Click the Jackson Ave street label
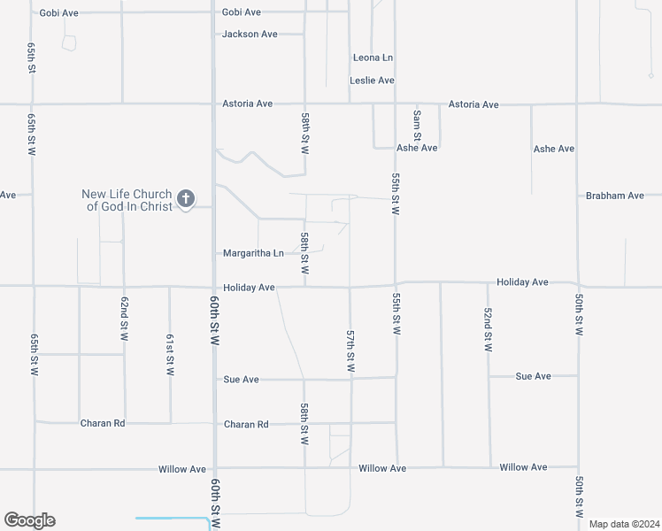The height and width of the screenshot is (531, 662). click(x=250, y=35)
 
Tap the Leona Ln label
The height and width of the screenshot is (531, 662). click(x=373, y=58)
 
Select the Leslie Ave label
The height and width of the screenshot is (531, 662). click(x=372, y=81)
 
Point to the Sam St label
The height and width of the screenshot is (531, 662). click(x=417, y=121)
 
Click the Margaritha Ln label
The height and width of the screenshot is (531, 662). click(x=253, y=253)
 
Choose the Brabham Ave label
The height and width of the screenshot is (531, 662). click(x=614, y=196)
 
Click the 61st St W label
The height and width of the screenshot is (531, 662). click(x=170, y=354)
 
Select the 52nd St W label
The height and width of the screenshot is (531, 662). click(x=488, y=330)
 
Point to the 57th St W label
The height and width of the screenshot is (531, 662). click(x=350, y=351)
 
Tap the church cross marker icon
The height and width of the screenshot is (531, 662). click(x=186, y=198)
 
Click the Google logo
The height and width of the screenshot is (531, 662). click(x=29, y=520)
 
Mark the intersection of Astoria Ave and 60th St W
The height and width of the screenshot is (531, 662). click(x=214, y=104)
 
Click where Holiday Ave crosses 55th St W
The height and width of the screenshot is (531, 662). click(x=396, y=284)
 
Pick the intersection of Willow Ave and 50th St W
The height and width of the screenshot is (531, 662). click(x=578, y=467)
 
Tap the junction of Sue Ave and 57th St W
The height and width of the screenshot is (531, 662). click(x=350, y=379)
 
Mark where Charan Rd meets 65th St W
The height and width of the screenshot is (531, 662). click(x=35, y=423)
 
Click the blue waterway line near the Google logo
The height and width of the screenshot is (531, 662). click(x=173, y=519)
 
